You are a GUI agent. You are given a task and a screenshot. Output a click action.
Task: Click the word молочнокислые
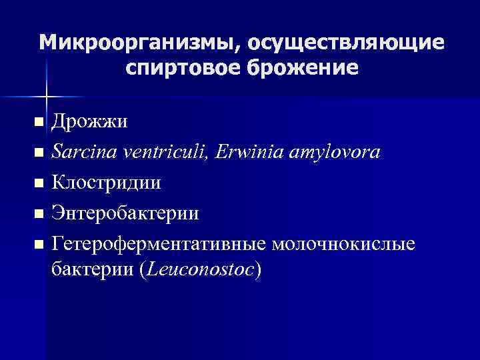coord(343,245)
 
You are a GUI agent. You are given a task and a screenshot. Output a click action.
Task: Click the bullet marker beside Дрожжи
coord(39,123)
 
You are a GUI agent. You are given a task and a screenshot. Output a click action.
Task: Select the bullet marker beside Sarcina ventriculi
coord(39,153)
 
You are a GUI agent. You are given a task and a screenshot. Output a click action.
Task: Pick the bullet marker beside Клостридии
coord(39,184)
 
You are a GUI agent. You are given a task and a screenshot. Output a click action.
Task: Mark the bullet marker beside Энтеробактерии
coord(39,215)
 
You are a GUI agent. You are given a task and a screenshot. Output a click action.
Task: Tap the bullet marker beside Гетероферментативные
coord(39,245)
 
